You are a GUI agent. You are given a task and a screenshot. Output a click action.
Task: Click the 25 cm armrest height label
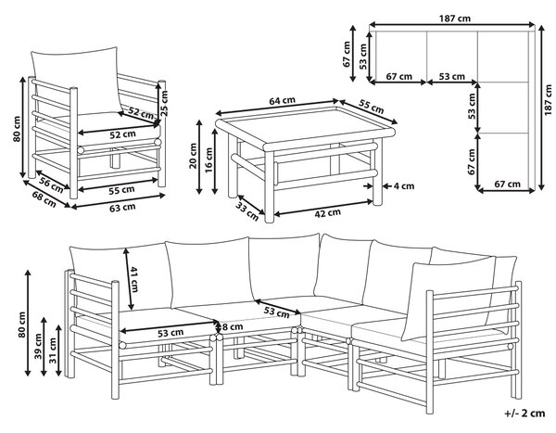164,103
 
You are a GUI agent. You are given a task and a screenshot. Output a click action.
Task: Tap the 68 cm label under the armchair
44,199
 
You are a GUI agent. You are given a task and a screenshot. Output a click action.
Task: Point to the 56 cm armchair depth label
52,185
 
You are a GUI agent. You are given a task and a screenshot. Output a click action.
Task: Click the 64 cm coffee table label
282,101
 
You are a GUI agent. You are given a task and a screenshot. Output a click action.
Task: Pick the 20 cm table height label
193,156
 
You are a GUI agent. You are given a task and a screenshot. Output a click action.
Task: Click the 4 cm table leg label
403,186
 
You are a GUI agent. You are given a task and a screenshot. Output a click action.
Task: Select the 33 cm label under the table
247,212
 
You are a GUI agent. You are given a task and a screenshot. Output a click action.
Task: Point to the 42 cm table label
328,213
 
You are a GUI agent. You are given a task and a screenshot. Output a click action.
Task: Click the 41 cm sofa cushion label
133,279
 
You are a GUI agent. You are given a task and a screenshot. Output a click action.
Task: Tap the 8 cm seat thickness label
233,326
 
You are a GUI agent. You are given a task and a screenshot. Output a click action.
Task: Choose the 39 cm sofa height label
38,346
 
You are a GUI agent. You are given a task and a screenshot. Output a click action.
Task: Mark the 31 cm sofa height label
53,350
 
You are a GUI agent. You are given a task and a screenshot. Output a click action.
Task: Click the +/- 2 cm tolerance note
524,414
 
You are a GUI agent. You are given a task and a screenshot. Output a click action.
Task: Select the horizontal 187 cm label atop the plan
455,19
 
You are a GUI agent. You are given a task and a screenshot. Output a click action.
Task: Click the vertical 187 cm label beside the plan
549,100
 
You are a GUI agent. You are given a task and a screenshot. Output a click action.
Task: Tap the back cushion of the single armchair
76,80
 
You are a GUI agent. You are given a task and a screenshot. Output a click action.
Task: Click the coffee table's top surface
304,125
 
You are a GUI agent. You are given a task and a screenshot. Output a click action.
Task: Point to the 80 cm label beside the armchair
17,129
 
